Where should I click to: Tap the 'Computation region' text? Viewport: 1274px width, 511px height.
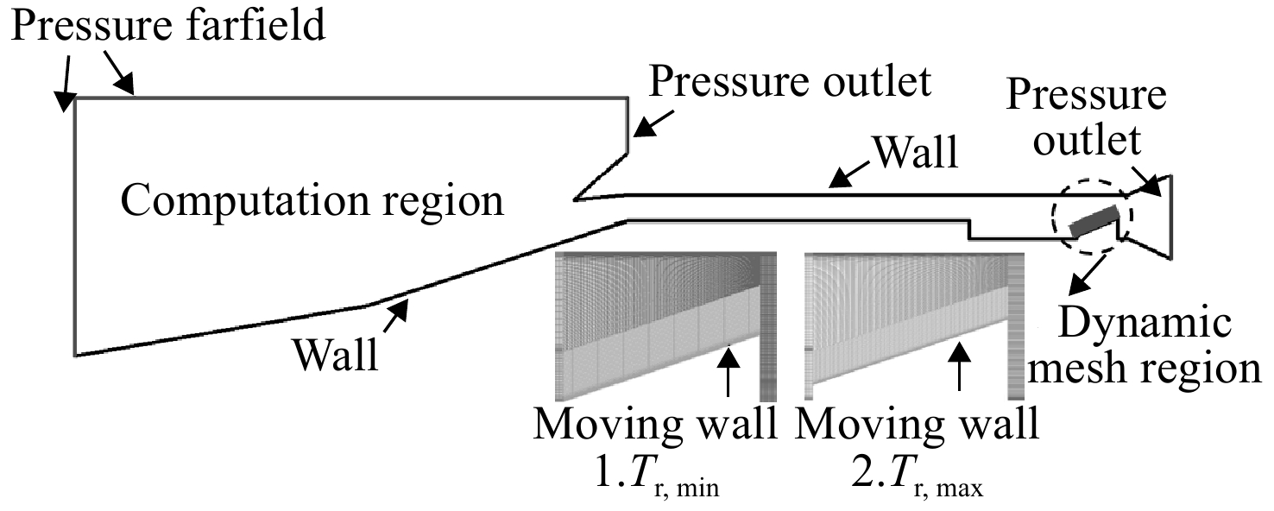(312, 201)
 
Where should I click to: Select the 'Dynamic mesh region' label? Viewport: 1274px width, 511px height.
(1145, 345)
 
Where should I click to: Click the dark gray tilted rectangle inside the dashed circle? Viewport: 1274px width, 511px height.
(1094, 221)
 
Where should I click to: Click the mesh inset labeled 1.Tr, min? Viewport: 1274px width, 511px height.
(666, 326)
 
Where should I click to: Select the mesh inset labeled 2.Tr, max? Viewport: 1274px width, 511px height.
(915, 326)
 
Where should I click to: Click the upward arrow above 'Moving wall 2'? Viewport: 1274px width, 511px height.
(960, 367)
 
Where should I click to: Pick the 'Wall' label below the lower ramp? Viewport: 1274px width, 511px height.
(336, 355)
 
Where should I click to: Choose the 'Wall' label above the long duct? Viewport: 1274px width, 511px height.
(916, 152)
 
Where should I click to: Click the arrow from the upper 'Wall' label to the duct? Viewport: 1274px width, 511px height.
(849, 174)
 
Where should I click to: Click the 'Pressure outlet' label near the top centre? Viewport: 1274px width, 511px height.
(790, 82)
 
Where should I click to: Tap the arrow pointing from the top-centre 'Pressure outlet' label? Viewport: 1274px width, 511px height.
(653, 123)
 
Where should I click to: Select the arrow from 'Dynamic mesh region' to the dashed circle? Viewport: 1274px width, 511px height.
(1087, 274)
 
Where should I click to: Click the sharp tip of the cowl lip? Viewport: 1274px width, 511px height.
(575, 199)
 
